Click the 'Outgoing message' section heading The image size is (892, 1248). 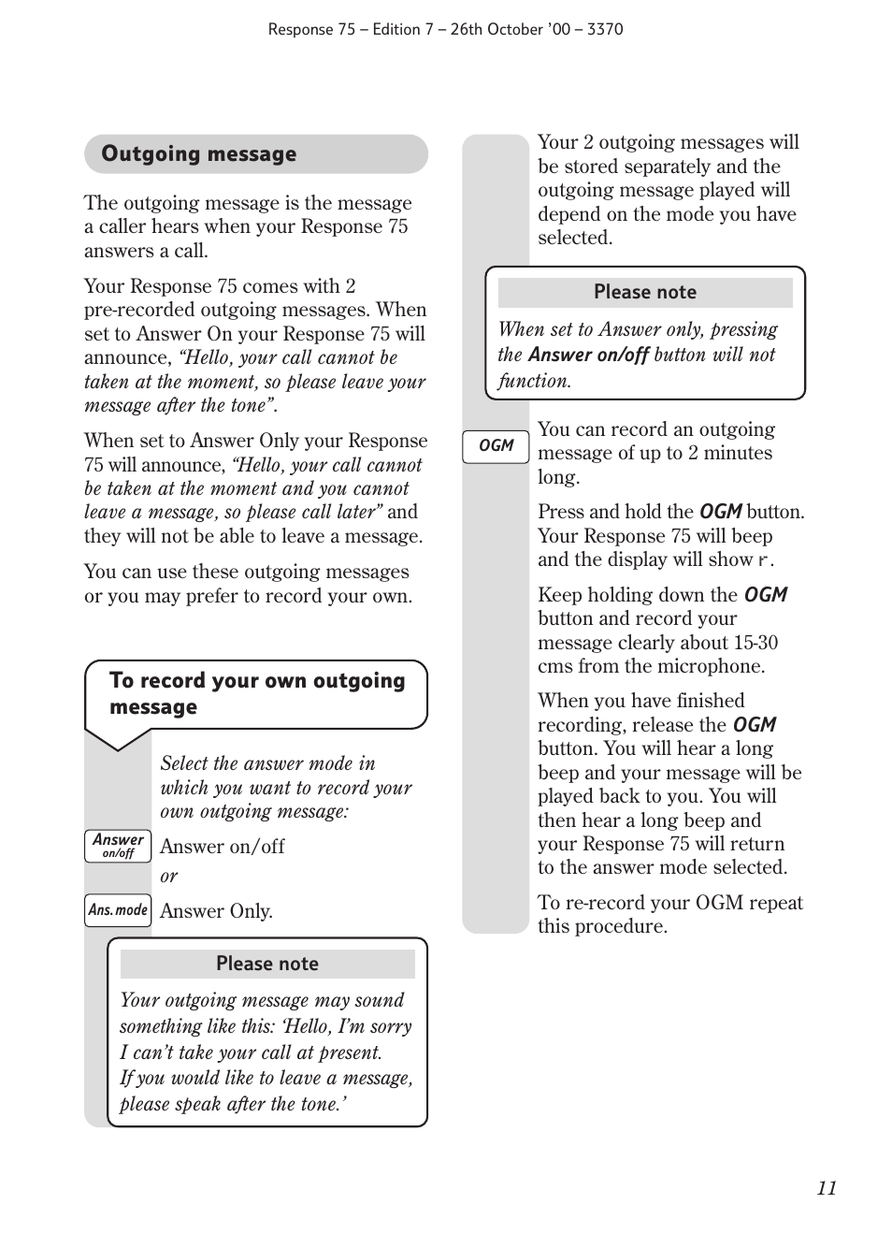[x=198, y=154]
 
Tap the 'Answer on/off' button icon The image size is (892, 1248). [x=118, y=846]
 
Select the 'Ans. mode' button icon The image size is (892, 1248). [x=118, y=910]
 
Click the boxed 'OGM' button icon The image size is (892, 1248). [x=496, y=446]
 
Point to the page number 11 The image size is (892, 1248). [x=826, y=1188]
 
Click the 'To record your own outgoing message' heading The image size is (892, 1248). [x=256, y=693]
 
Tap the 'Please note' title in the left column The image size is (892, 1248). [x=266, y=964]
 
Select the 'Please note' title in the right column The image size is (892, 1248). [x=644, y=292]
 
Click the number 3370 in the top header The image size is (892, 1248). [x=605, y=29]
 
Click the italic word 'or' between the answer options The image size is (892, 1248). [x=168, y=877]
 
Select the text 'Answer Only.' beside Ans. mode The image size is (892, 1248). [x=216, y=911]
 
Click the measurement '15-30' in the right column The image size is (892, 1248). [x=755, y=643]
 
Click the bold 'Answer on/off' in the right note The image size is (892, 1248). [x=588, y=355]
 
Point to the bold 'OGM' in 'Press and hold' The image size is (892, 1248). [x=720, y=512]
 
